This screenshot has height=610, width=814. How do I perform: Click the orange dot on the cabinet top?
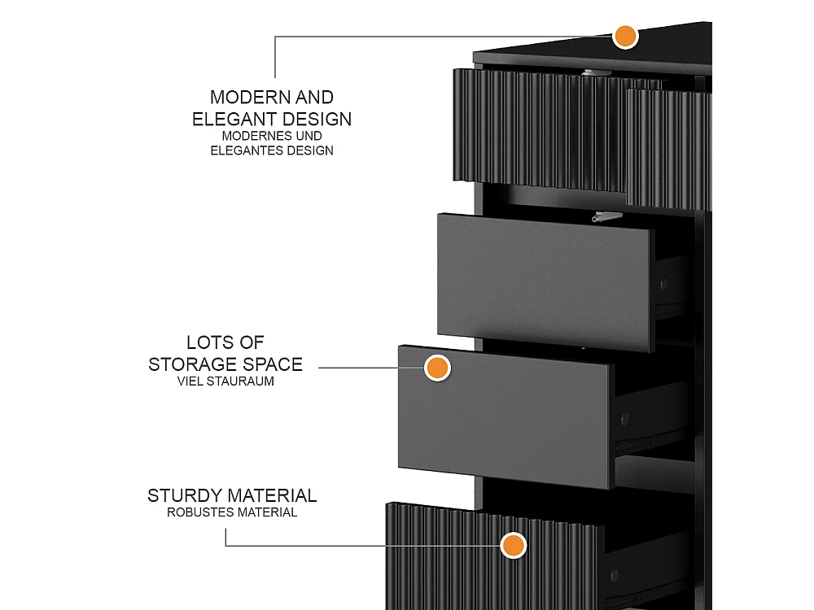[x=625, y=37]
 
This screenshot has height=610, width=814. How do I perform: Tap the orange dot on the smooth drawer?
[x=437, y=368]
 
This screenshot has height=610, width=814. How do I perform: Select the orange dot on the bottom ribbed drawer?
[x=514, y=546]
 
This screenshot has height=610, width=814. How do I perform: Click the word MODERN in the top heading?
[x=250, y=97]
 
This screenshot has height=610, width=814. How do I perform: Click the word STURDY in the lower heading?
[x=185, y=496]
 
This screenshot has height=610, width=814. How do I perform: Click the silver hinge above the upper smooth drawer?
[x=606, y=216]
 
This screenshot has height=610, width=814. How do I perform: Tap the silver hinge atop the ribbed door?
[x=597, y=73]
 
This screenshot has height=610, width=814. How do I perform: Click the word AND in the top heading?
[x=314, y=97]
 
